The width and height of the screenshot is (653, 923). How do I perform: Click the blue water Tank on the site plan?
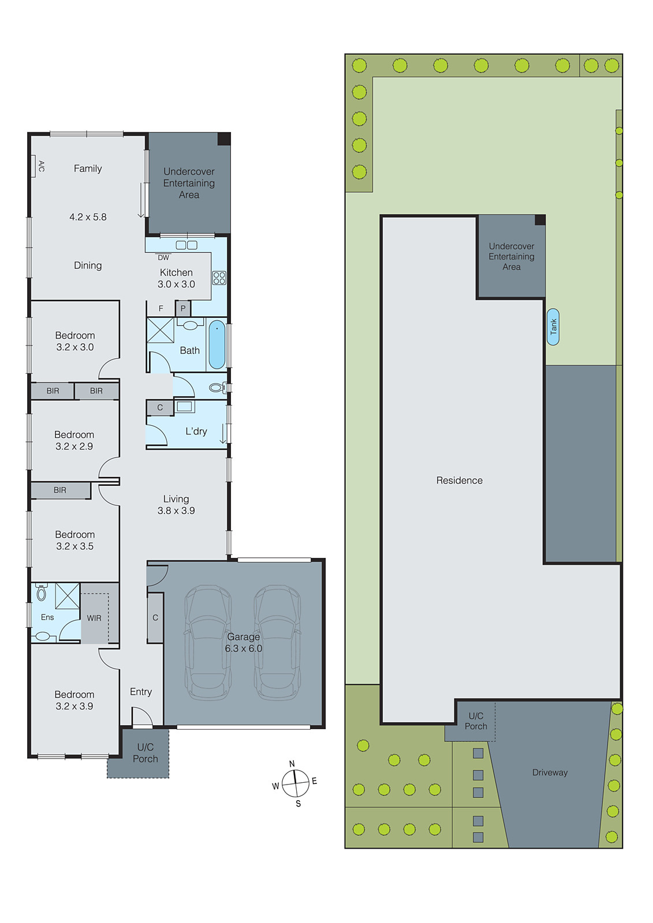point(553,327)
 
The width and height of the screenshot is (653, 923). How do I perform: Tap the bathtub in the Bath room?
point(217,345)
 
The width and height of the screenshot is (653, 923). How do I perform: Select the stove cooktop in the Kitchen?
point(219,278)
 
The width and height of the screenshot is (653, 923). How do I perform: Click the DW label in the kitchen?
point(163,258)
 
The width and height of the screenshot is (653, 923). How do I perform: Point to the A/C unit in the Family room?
point(34,166)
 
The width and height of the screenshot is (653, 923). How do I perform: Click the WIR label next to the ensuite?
point(94,618)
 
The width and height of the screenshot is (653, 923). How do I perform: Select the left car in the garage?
point(207,642)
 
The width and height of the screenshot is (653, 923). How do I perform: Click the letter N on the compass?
point(292,764)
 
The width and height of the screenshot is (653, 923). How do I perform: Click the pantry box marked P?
point(183,309)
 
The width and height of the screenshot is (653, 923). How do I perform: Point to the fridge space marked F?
point(161,309)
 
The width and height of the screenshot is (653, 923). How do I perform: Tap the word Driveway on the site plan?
point(550,772)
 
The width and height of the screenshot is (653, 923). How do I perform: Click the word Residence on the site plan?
point(459,481)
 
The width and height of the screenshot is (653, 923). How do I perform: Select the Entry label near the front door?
point(141,692)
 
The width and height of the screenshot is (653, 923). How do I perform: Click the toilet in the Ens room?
point(41,592)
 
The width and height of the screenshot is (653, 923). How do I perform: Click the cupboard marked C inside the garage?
point(155,618)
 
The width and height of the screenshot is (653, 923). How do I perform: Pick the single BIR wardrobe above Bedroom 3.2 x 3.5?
point(60,490)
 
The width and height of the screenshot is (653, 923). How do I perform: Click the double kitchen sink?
point(186,245)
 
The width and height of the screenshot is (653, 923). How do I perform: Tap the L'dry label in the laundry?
point(196,432)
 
